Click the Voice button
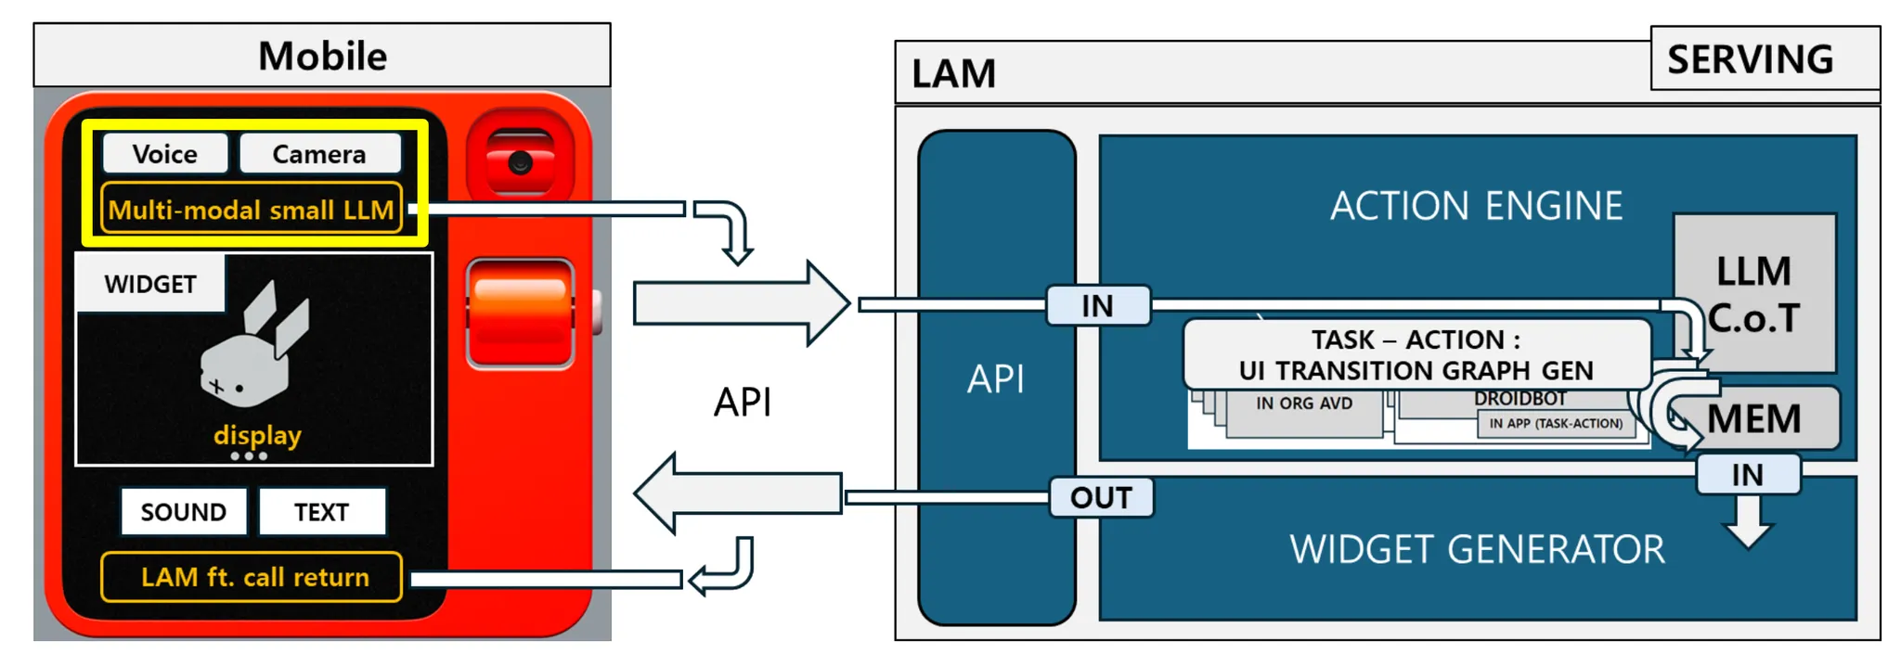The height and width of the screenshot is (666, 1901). pyautogui.click(x=165, y=153)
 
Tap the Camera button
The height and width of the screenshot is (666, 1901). pyautogui.click(x=319, y=153)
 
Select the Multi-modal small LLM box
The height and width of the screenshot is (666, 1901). pyautogui.click(x=251, y=209)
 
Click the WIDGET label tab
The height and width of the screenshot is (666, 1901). pyautogui.click(x=150, y=284)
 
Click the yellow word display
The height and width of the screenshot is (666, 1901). pyautogui.click(x=257, y=434)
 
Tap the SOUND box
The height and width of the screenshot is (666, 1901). pyautogui.click(x=184, y=512)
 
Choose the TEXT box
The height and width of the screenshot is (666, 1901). pyautogui.click(x=321, y=512)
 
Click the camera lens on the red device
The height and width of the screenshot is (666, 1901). pyautogui.click(x=520, y=162)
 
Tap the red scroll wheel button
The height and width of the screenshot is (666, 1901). pyautogui.click(x=520, y=314)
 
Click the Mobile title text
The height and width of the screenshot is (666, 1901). pyautogui.click(x=322, y=56)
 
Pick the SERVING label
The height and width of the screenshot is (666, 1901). pyautogui.click(x=1750, y=59)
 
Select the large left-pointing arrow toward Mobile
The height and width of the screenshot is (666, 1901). pyautogui.click(x=738, y=493)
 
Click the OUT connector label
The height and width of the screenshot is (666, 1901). pyautogui.click(x=1101, y=497)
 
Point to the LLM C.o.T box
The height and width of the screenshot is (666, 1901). pyautogui.click(x=1753, y=293)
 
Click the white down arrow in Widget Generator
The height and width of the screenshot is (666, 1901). pyautogui.click(x=1748, y=522)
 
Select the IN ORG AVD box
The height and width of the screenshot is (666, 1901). pyautogui.click(x=1303, y=408)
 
